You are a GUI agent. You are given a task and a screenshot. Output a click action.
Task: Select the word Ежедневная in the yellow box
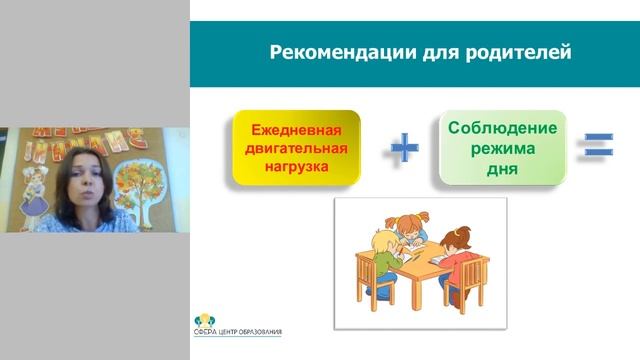pyautogui.click(x=295, y=131)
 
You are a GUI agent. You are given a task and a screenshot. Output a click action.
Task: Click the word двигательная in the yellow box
pyautogui.click(x=295, y=149)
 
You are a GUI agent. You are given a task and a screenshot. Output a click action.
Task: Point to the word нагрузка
pyautogui.click(x=295, y=167)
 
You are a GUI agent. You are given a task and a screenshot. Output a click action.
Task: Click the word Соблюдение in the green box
pyautogui.click(x=501, y=128)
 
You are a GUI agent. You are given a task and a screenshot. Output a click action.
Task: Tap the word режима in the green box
pyautogui.click(x=501, y=148)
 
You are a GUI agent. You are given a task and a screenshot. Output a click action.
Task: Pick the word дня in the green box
pyautogui.click(x=501, y=168)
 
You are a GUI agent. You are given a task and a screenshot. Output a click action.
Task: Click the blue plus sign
pyautogui.click(x=403, y=149)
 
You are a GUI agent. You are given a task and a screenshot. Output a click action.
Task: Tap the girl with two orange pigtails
pyautogui.click(x=411, y=226)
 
